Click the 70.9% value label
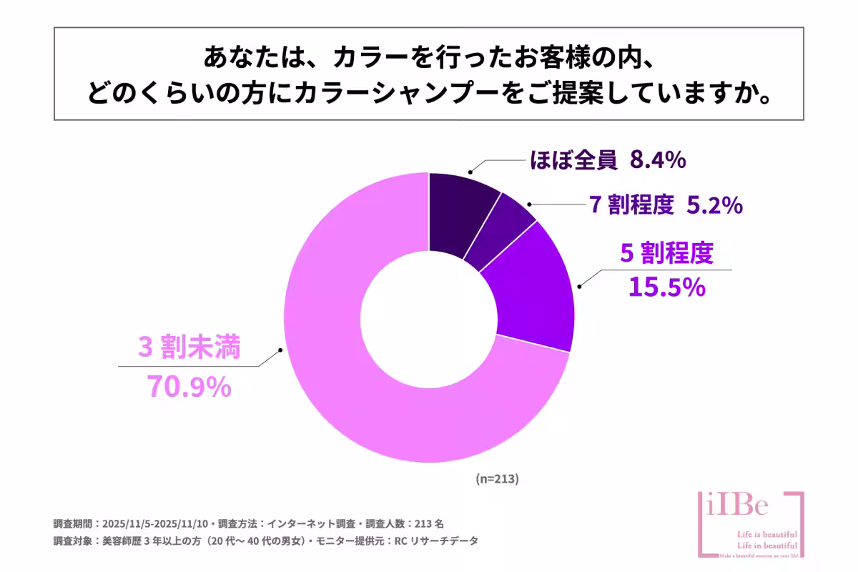[189, 386]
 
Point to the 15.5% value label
[666, 287]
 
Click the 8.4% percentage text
[658, 161]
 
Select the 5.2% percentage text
[714, 206]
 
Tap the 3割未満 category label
[189, 348]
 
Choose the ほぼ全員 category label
[573, 161]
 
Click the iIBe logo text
[736, 506]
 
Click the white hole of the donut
[428, 317]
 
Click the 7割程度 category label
[632, 206]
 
